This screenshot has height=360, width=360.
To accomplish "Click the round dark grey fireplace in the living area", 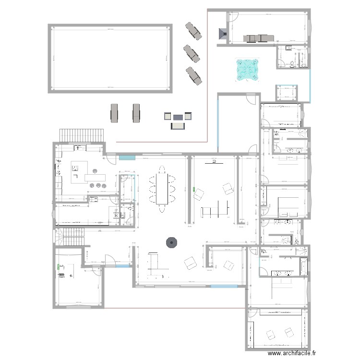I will pyautogui.click(x=171, y=242).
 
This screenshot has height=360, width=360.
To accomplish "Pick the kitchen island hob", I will pyautogui.click(x=76, y=167).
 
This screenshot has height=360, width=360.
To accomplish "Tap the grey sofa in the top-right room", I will pyautogui.click(x=257, y=38).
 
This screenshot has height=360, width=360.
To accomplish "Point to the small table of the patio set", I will pyautogui.click(x=178, y=116).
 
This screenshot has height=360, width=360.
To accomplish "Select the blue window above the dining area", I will pyautogui.click(x=127, y=157).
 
